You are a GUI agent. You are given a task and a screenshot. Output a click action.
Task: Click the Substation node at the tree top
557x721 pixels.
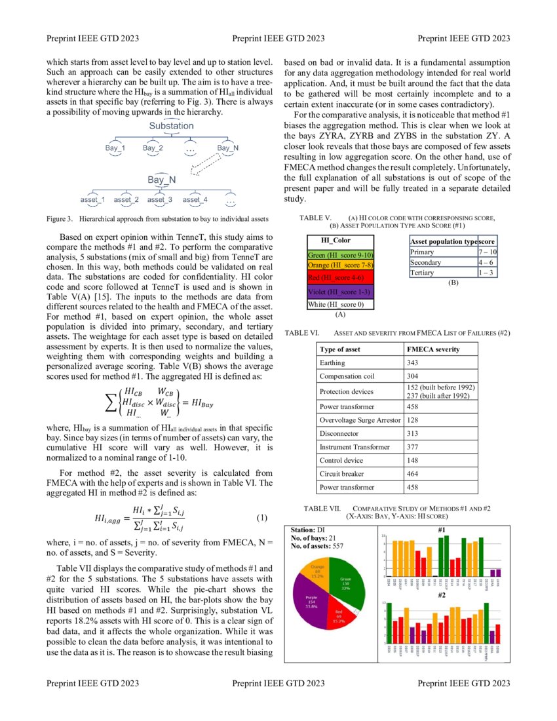tap(171, 125)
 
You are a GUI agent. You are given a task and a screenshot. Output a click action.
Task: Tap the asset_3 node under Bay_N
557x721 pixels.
tap(160, 199)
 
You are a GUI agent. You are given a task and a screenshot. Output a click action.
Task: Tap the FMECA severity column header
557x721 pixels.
tap(433, 349)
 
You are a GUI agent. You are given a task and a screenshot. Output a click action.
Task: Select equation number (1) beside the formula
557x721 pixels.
tap(262, 518)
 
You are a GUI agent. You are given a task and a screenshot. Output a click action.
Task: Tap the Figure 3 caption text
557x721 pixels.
tap(157, 218)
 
